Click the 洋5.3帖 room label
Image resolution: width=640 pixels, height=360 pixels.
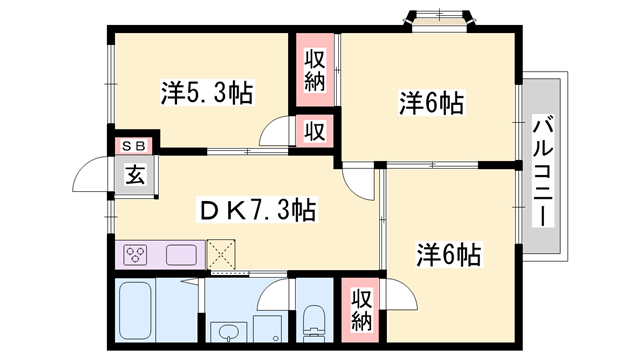207,94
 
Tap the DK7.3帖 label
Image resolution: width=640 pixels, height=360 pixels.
259,210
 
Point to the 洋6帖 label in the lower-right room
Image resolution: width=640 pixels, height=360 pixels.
448,255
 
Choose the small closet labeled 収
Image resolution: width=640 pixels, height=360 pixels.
314,131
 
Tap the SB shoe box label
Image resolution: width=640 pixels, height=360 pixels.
132,145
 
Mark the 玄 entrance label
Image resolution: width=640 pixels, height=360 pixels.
133,175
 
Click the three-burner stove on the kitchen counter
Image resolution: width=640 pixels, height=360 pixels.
135,254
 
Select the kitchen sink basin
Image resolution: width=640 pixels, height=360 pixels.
182,254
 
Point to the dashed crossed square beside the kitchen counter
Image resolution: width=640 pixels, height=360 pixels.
225,254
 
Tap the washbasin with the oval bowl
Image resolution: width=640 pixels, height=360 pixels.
227,330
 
